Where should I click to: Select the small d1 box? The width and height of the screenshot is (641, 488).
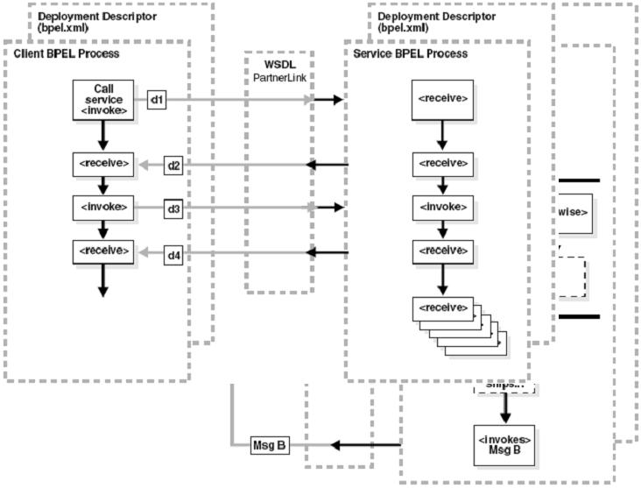pyautogui.click(x=158, y=100)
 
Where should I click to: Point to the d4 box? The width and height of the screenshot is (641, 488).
pyautogui.click(x=173, y=253)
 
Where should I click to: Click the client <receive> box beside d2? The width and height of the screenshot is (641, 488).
pyautogui.click(x=102, y=163)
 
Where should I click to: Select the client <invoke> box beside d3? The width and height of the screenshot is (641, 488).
pyautogui.click(x=102, y=208)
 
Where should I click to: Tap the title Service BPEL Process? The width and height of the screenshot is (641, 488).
pyautogui.click(x=409, y=54)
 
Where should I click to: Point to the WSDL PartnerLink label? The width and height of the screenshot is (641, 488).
pyautogui.click(x=278, y=73)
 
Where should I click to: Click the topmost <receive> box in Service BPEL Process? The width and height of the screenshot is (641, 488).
pyautogui.click(x=442, y=100)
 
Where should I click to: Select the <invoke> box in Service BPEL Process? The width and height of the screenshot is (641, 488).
pyautogui.click(x=442, y=208)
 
